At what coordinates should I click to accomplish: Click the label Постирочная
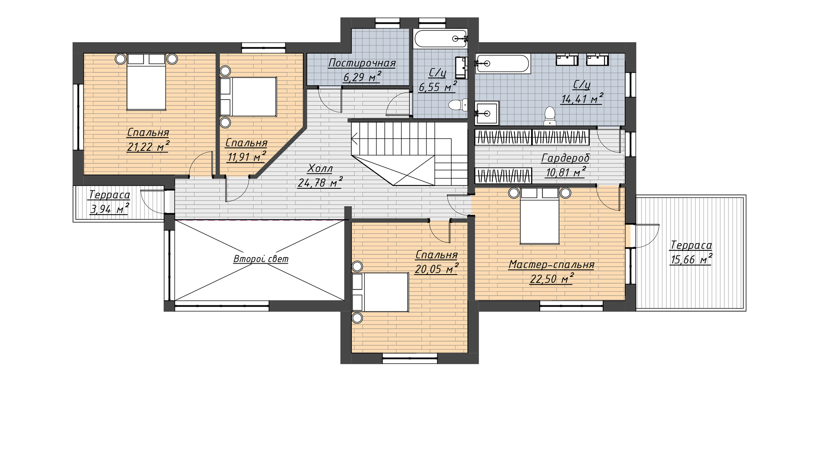point(362,63)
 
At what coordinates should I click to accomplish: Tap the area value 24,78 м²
point(320,183)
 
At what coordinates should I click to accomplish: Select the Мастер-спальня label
point(551,265)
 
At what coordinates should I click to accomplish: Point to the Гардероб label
point(565,158)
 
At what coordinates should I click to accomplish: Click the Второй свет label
point(261,259)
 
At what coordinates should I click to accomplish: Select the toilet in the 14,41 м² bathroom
point(550,116)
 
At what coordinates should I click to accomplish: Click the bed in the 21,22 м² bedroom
point(146,82)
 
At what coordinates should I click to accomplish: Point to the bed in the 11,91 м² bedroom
point(248,97)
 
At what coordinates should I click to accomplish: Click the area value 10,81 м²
point(565,172)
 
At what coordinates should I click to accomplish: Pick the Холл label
point(320,169)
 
